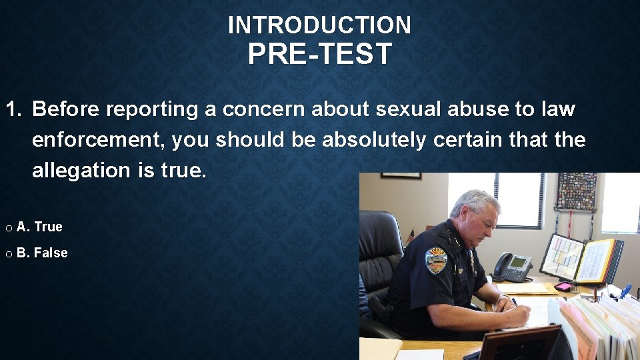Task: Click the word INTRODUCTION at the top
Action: [319, 25]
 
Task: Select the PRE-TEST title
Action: [319, 55]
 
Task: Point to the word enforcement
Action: [98, 140]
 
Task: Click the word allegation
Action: [81, 171]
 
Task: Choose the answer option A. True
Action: [39, 227]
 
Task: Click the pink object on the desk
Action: [563, 287]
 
